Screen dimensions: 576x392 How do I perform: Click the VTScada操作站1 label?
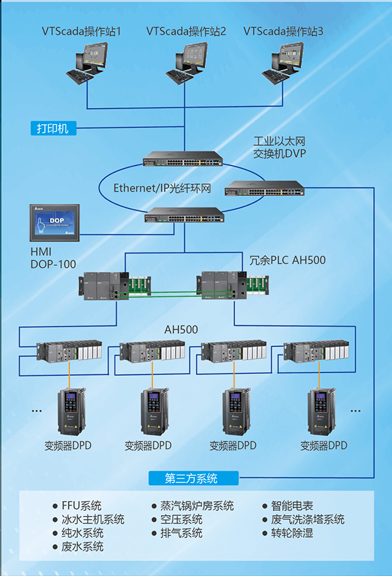(x=82, y=31)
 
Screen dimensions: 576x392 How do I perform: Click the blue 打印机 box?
(x=53, y=128)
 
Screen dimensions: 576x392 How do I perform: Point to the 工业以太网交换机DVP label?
(x=280, y=148)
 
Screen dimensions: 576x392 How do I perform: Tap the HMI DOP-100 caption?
(x=53, y=258)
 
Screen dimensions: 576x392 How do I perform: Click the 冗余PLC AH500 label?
(x=287, y=260)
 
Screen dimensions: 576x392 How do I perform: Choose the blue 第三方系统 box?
(x=192, y=478)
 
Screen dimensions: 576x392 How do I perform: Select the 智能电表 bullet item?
(x=292, y=506)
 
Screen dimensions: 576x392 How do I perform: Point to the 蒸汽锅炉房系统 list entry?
(x=197, y=506)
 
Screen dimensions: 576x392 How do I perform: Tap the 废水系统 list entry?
(x=82, y=547)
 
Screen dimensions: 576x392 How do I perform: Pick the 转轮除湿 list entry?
(x=292, y=534)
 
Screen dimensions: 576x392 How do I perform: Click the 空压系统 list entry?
(x=182, y=520)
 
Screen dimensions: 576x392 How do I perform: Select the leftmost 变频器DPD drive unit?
(x=69, y=412)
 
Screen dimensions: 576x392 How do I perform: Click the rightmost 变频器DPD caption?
(x=323, y=446)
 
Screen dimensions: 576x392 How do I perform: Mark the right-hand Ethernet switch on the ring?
(x=264, y=188)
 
